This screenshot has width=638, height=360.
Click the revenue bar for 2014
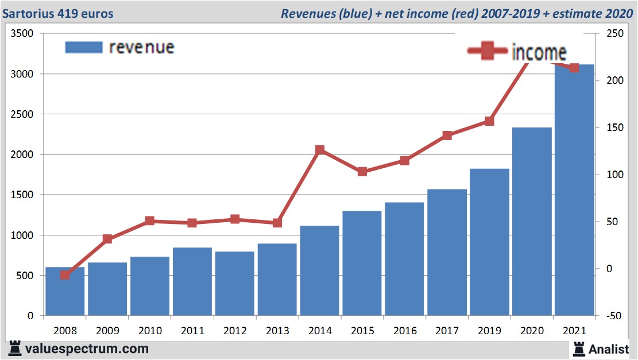pyautogui.click(x=319, y=270)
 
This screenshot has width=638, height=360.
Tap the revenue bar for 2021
pyautogui.click(x=574, y=190)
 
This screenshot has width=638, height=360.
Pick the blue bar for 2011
pyautogui.click(x=192, y=281)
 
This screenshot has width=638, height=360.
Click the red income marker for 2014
pyautogui.click(x=320, y=150)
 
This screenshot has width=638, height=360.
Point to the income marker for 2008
pyautogui.click(x=65, y=275)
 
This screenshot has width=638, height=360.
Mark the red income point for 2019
pyautogui.click(x=489, y=121)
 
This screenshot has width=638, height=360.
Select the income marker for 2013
pyautogui.click(x=277, y=223)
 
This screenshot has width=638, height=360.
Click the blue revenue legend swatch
pyautogui.click(x=84, y=47)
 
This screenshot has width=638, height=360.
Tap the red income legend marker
pyautogui.click(x=488, y=52)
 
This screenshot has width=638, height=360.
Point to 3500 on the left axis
pyautogui.click(x=22, y=34)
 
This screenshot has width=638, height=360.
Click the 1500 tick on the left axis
pyautogui.click(x=22, y=195)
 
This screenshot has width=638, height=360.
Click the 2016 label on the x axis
pyautogui.click(x=405, y=331)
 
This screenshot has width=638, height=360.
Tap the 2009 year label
pyautogui.click(x=107, y=331)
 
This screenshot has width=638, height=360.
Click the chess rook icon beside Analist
pyautogui.click(x=579, y=348)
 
